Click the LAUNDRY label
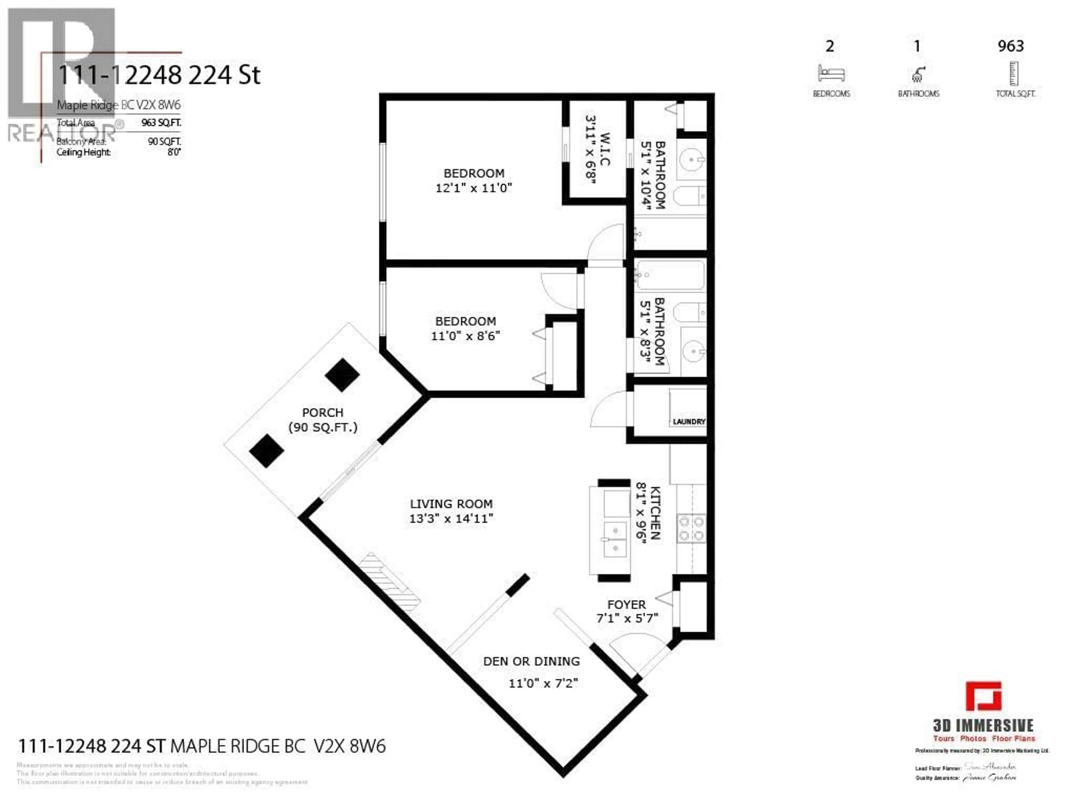[x=689, y=422]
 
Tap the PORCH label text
[x=323, y=413]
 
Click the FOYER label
[x=627, y=605]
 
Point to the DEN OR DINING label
[x=531, y=661]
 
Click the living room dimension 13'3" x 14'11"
[x=451, y=518]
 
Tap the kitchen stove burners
[x=691, y=529]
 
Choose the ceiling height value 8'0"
[x=174, y=152]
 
